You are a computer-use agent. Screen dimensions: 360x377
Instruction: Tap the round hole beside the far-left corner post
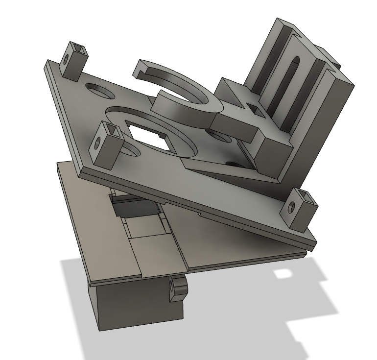[x=98, y=91]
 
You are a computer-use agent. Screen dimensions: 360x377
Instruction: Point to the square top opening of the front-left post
[x=111, y=129]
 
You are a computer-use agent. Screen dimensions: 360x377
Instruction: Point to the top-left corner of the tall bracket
[x=280, y=22]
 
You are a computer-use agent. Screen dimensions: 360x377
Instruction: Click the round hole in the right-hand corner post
[x=290, y=208]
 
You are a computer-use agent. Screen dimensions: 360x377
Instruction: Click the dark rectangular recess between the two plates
[x=127, y=208]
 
